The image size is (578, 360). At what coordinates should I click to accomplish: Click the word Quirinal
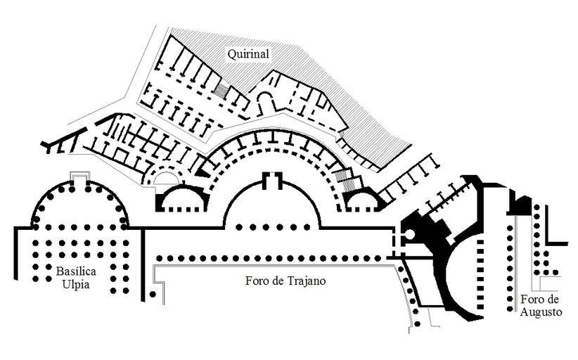248,53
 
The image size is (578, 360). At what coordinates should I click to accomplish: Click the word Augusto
541,312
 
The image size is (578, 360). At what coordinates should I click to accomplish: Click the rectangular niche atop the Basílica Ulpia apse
80,175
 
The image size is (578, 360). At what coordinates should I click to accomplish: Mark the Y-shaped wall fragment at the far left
51,145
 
